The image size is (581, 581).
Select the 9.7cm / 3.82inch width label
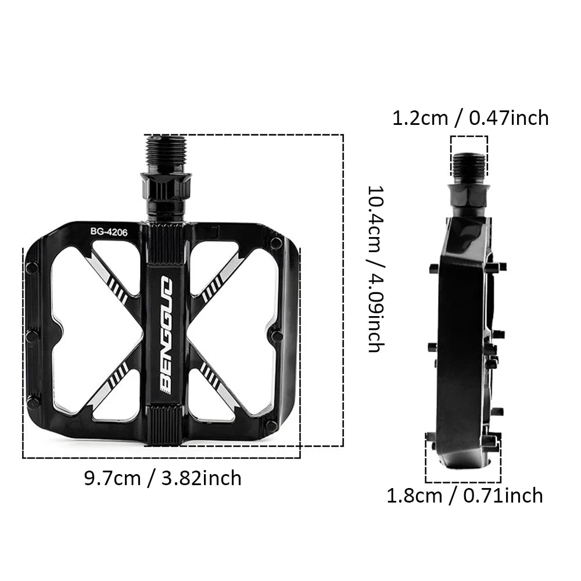point(162,478)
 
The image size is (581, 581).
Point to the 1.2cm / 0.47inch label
point(470,119)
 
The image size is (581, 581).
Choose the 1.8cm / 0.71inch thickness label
point(465,496)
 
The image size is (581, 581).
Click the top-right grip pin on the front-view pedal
point(276,242)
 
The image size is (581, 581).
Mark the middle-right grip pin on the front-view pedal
point(276,336)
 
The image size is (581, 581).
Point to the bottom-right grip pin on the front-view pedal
point(271,426)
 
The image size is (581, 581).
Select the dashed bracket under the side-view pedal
point(463,482)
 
